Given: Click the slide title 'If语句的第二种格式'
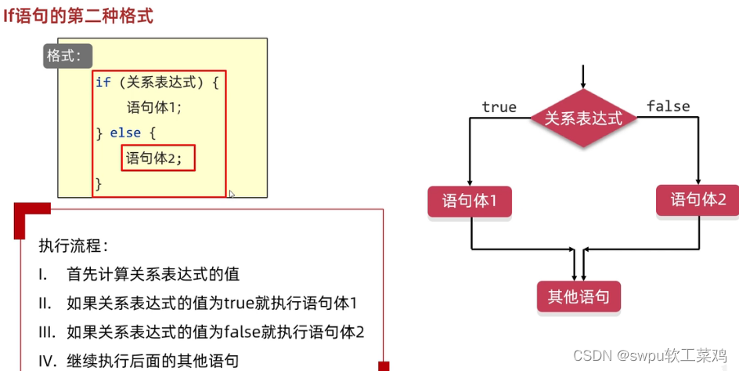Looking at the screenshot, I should tap(78, 14).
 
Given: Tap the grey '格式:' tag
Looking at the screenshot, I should tap(68, 56).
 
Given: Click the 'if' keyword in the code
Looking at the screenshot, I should tap(103, 82).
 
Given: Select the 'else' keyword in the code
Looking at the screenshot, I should tap(125, 133).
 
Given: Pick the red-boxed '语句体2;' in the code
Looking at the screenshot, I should tap(159, 158).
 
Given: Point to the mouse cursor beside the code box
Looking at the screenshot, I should tap(232, 194).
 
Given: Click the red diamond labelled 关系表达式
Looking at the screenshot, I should tap(582, 118).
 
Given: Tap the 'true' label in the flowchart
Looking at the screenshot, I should tap(499, 107).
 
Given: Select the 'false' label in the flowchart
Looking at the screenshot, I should tap(668, 106).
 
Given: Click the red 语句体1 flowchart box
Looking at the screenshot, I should tap(470, 202).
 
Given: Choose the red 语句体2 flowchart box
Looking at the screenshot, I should tap(698, 200).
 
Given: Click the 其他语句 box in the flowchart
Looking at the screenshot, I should tap(579, 296).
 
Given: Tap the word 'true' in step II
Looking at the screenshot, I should tap(237, 303).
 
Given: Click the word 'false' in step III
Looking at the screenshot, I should tap(240, 331).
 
